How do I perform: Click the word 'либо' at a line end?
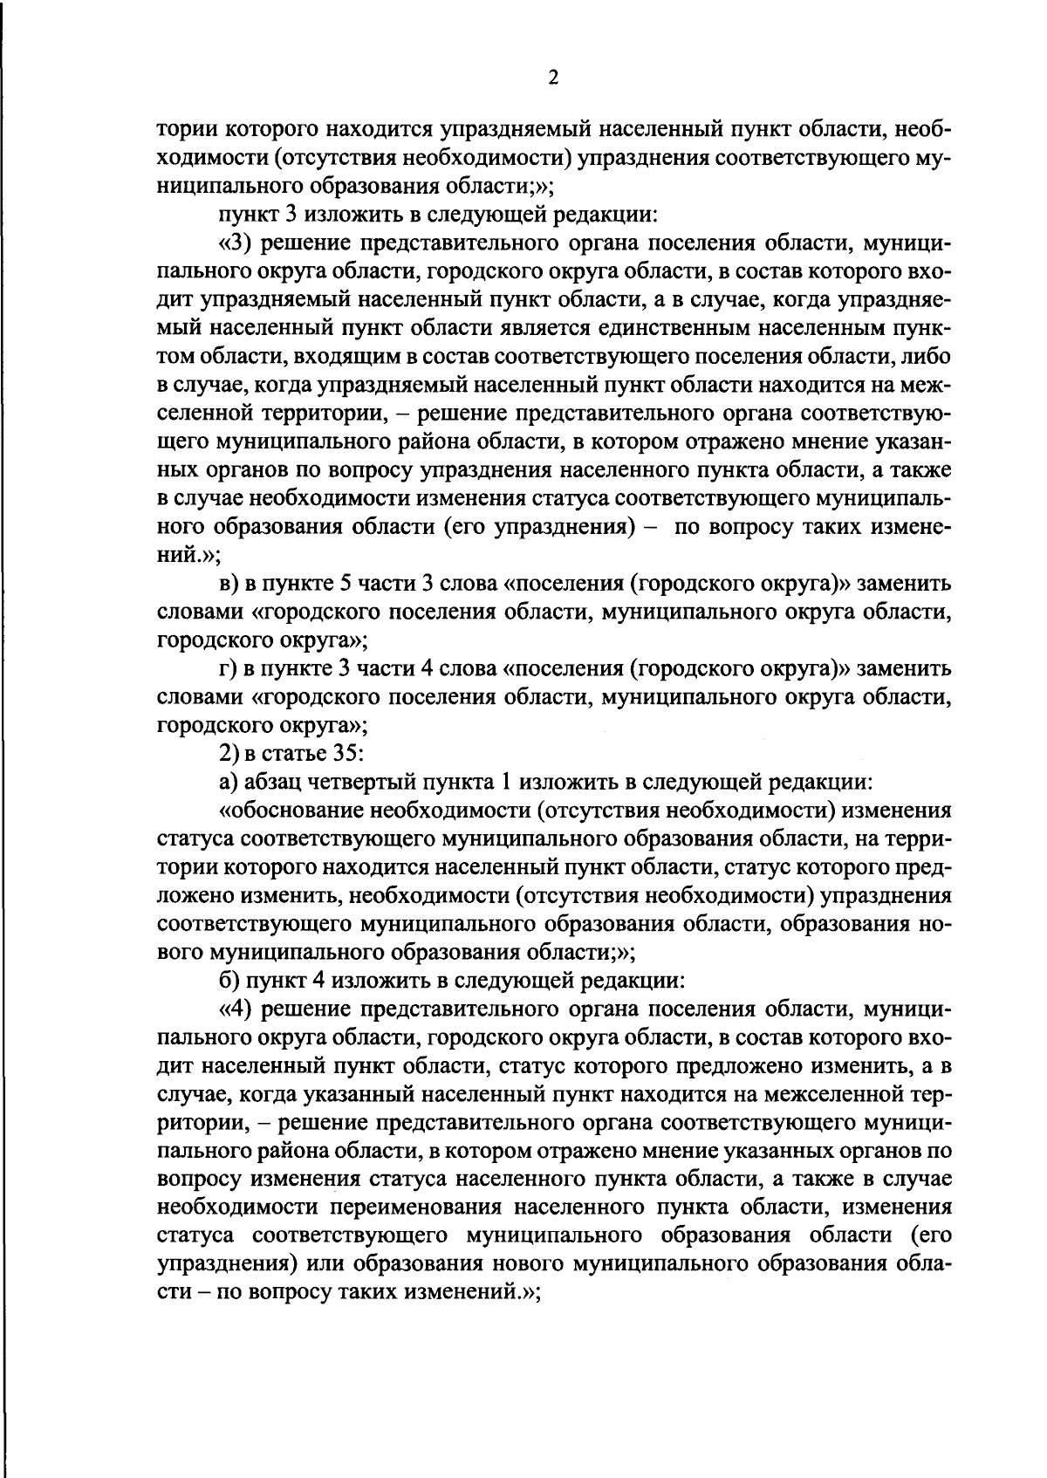(928, 356)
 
